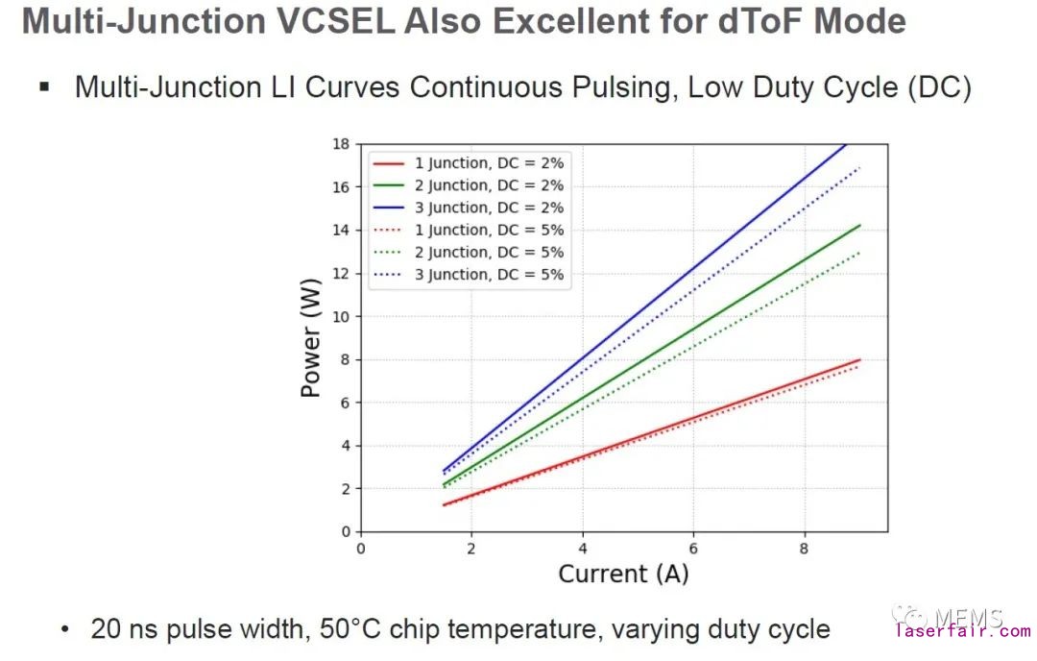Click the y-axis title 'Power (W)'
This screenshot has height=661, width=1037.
(311, 338)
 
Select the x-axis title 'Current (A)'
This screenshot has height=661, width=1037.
(623, 575)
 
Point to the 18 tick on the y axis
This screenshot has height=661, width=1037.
(341, 144)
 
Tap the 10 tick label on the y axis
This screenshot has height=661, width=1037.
(341, 316)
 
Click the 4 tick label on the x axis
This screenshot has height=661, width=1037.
(582, 548)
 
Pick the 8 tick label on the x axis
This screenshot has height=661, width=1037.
(804, 548)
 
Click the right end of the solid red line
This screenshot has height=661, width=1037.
(859, 359)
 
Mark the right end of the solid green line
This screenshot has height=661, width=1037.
(859, 225)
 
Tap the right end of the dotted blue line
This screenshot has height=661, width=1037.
(859, 167)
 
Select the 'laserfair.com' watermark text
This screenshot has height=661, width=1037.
(962, 631)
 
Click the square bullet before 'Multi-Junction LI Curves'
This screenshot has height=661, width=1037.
(43, 87)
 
